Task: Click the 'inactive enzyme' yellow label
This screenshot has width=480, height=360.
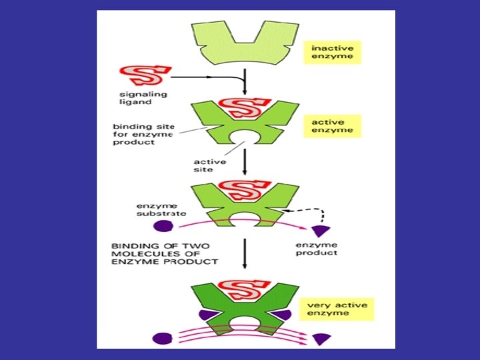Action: [333, 52]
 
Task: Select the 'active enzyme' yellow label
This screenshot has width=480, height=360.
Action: [333, 126]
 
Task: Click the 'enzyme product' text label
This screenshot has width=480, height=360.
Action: [317, 249]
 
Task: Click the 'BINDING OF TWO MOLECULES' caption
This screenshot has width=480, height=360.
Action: [165, 253]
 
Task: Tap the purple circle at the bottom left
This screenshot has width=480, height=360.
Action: [160, 338]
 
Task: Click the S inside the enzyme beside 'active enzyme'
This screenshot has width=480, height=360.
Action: [243, 105]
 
